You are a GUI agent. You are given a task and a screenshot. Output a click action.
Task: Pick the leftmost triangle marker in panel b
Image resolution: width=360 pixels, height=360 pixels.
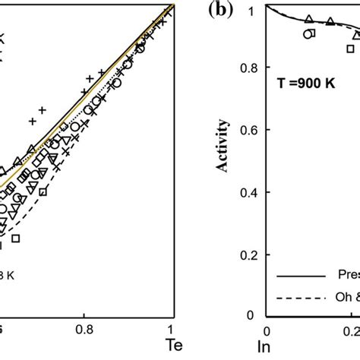point(308,19)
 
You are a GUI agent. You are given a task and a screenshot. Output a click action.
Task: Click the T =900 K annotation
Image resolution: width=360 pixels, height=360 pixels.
point(304,86)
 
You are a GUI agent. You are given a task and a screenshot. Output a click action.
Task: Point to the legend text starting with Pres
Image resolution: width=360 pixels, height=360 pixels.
point(347,275)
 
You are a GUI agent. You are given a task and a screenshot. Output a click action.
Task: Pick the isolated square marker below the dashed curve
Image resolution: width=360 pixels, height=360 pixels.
point(15,238)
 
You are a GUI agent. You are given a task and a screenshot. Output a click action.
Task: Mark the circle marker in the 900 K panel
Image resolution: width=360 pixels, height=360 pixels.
point(307,34)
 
